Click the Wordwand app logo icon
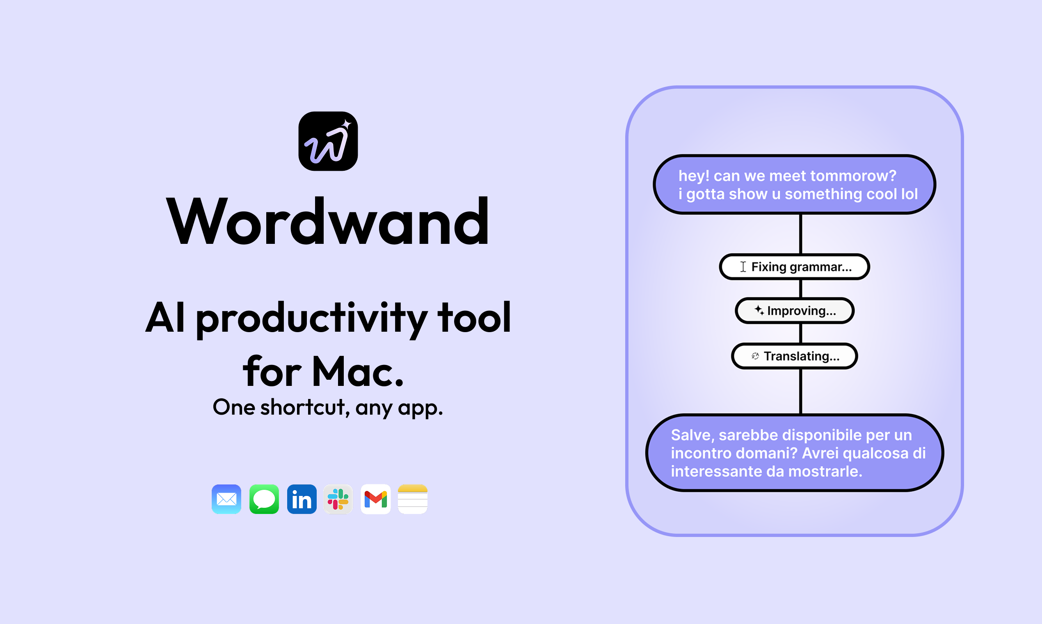tap(328, 141)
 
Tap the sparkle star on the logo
tap(346, 124)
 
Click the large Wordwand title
tap(328, 222)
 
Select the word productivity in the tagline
tap(311, 318)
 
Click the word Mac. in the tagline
tap(358, 372)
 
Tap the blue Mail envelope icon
tap(226, 499)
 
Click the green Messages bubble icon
tap(264, 499)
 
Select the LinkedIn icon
tap(302, 499)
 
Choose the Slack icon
tap(338, 499)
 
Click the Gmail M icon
tap(376, 499)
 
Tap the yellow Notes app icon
tap(413, 499)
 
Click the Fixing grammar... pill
tap(794, 266)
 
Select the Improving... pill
tap(794, 311)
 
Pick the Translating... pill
tap(794, 356)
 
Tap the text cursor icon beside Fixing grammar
tap(743, 266)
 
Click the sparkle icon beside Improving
tap(759, 310)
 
